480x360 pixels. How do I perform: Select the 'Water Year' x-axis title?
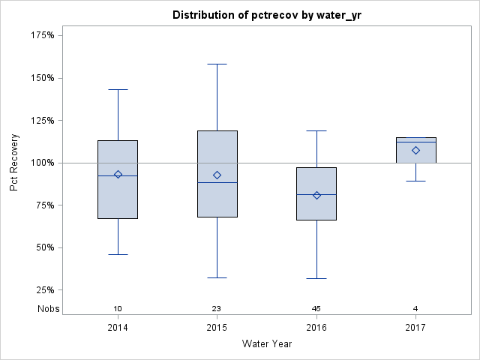[268, 344]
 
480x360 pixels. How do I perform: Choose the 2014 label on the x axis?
[118, 328]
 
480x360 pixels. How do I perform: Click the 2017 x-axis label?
[415, 328]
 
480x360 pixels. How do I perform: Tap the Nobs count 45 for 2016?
[316, 309]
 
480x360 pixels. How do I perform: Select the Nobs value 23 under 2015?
[217, 309]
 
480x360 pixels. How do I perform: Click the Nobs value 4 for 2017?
[415, 309]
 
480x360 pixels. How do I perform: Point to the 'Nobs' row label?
[49, 309]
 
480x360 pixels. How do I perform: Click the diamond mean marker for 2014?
[118, 174]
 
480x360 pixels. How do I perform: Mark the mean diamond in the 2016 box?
[316, 195]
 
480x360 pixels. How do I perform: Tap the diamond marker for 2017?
[415, 150]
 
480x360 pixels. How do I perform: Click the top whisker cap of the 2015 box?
[217, 64]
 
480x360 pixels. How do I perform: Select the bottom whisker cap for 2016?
[316, 278]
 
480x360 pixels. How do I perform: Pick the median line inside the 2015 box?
[217, 182]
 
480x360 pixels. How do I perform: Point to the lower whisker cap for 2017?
[415, 181]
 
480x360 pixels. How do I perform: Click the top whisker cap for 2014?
[118, 89]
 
